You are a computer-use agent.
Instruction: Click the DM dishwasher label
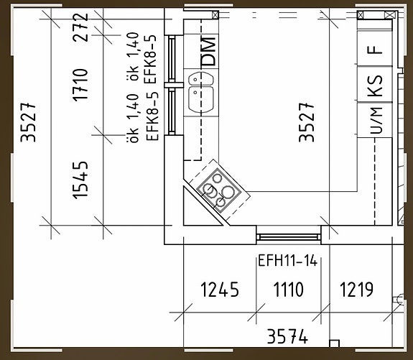208,50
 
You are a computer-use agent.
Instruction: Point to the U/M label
375,121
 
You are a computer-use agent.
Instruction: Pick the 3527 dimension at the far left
28,122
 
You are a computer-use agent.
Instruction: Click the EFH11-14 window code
287,262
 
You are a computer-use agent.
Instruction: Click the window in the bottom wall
289,234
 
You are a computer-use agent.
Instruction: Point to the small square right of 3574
333,343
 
